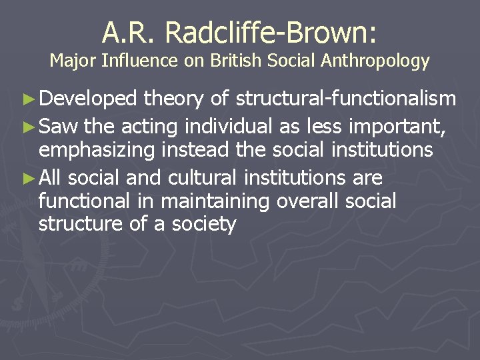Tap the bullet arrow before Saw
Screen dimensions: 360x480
pos(30,125)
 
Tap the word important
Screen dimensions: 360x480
pos(397,125)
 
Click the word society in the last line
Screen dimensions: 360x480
pos(203,224)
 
